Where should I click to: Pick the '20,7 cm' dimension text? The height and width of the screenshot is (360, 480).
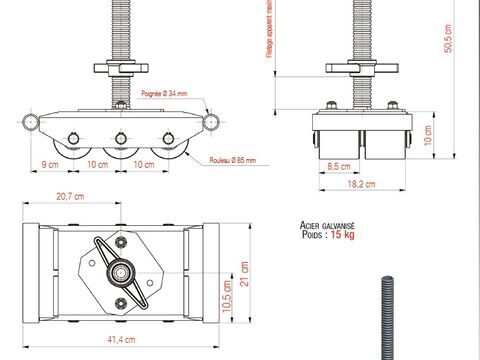70,196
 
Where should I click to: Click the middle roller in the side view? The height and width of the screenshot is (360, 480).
120,149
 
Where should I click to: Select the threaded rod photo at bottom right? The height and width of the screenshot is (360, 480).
385,315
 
